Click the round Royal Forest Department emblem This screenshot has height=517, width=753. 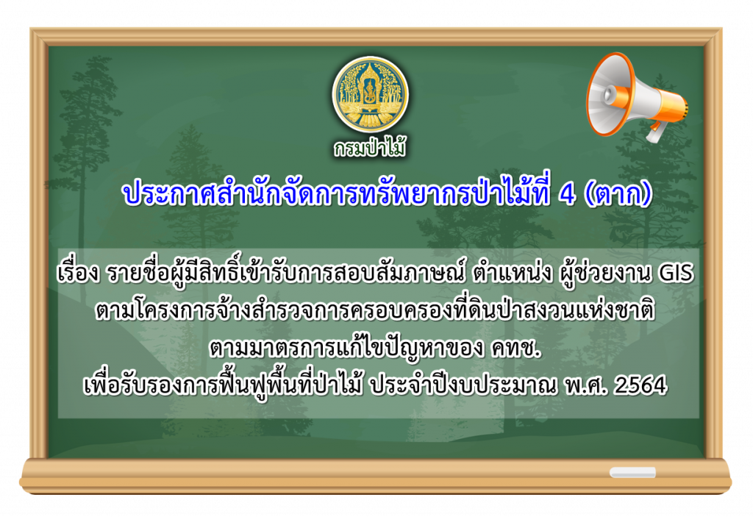coord(371,93)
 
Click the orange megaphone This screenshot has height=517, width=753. coord(636,97)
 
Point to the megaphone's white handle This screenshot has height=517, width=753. coord(657,132)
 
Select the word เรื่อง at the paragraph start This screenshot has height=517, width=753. coord(78,273)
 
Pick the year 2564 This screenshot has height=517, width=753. coord(641,385)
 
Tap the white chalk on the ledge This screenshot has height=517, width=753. coord(632,473)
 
